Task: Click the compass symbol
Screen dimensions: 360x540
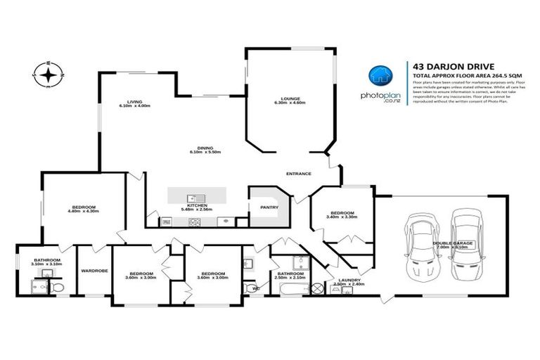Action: click(47, 74)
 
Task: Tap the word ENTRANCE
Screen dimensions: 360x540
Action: click(298, 174)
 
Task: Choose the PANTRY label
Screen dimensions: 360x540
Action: click(269, 207)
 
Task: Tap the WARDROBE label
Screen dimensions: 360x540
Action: click(94, 269)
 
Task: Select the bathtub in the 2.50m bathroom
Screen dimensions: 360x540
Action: click(317, 287)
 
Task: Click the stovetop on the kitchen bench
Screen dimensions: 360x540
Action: click(194, 221)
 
